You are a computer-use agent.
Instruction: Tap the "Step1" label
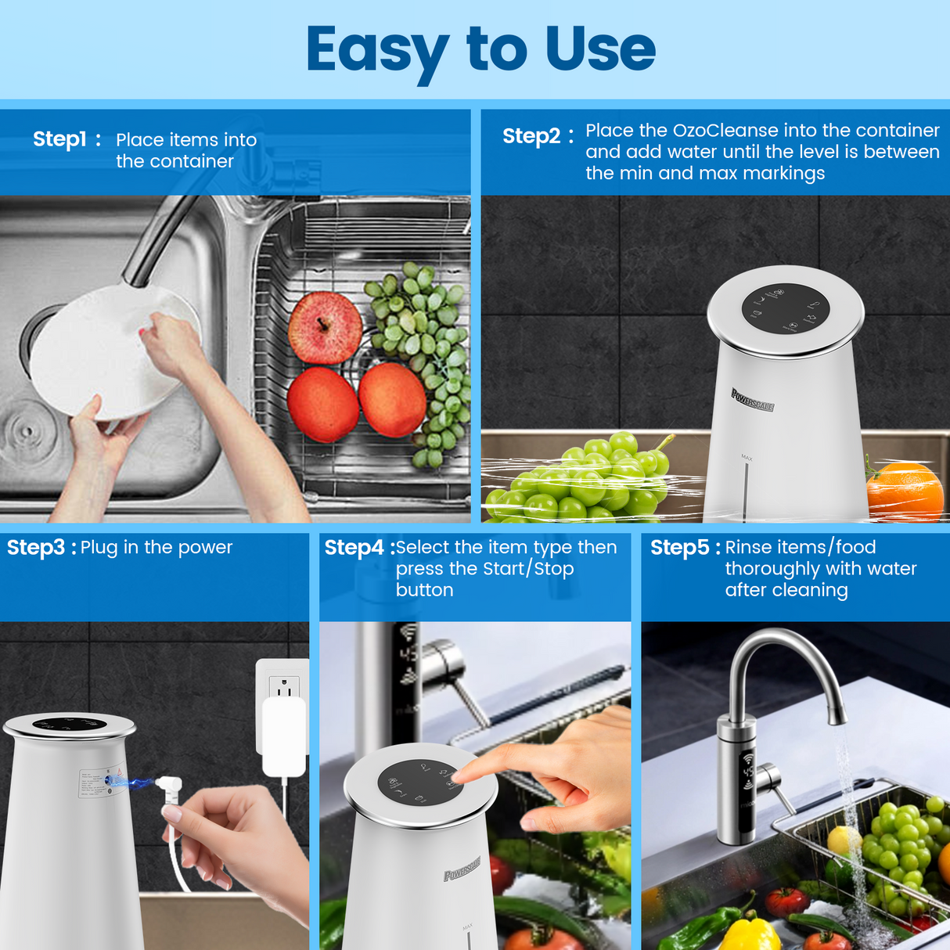tap(59, 139)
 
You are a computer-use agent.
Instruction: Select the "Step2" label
tap(531, 136)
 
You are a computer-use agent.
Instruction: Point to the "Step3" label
tap(35, 548)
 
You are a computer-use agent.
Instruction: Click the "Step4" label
tap(354, 548)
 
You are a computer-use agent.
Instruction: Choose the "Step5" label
tap(679, 548)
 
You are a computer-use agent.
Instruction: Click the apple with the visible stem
tap(325, 327)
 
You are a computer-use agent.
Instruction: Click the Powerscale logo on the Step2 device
tap(752, 400)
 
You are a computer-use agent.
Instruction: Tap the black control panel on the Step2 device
tap(785, 309)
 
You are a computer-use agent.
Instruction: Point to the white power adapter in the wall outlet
tap(283, 736)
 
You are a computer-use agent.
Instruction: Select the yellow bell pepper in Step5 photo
tap(749, 935)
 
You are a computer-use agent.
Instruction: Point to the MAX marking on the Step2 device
tap(747, 458)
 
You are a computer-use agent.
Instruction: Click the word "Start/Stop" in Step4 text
tap(528, 569)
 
